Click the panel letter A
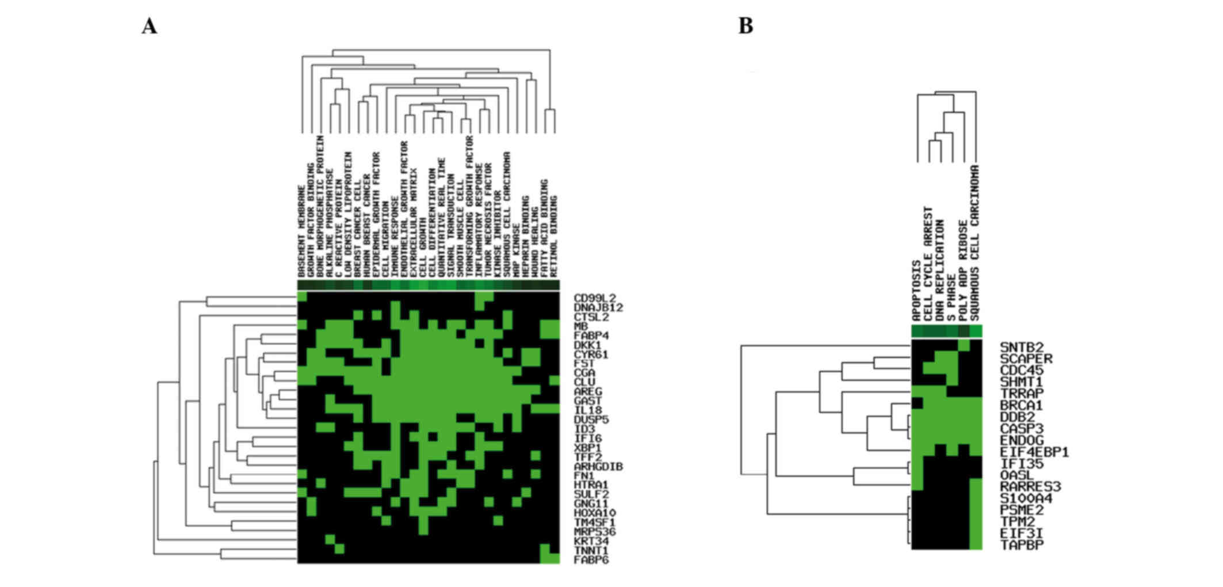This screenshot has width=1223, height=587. pos(149,26)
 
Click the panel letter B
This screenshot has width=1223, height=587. pos(746,26)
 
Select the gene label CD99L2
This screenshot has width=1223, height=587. pos(595,298)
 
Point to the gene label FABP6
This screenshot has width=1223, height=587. pos(591,559)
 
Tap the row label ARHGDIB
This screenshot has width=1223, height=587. pos(598,466)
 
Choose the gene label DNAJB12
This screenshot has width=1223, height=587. pos(598,307)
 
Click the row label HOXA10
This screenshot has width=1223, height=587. pos(595,513)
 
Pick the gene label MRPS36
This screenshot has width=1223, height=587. pos(595,532)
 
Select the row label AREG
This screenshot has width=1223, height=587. pos(587,391)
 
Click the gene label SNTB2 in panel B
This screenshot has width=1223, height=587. pos(1022,347)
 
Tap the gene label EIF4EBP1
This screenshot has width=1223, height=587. pos(1034,452)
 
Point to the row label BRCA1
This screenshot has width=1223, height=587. pos(1022,405)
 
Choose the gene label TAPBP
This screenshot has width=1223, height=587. pos(1022,544)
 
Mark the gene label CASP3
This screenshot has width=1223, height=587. pos(1022,429)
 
